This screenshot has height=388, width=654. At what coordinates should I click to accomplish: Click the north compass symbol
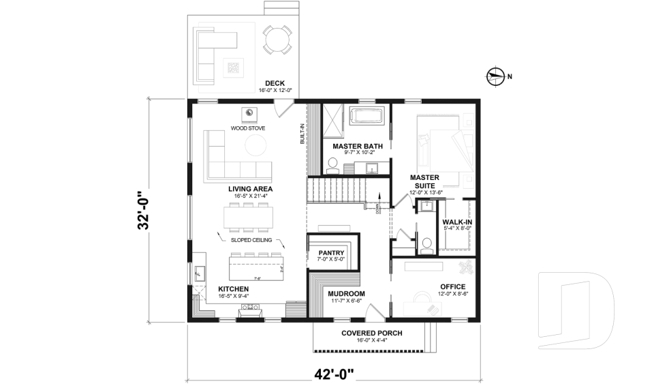click(496, 76)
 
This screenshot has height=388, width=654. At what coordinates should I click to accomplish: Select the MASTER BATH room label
click(357, 146)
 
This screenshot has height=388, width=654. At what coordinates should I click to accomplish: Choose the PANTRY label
click(332, 252)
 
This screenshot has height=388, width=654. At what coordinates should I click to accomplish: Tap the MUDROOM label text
click(347, 294)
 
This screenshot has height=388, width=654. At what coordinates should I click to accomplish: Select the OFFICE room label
click(452, 287)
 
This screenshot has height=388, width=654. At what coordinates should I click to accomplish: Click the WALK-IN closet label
click(457, 222)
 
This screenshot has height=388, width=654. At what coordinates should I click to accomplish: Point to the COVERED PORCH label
click(371, 333)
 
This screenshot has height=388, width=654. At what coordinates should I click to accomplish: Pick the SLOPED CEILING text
click(251, 240)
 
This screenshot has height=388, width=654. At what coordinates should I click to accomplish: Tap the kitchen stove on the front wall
click(249, 310)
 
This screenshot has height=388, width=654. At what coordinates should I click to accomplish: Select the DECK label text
click(275, 83)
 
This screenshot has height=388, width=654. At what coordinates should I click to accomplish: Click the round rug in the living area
click(255, 145)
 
